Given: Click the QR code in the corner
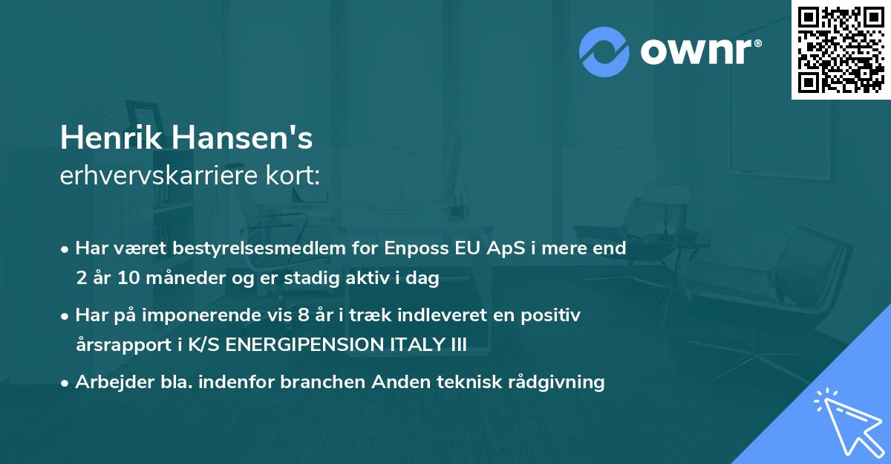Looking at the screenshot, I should coord(841,49).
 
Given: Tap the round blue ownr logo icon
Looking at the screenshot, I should coord(604,51).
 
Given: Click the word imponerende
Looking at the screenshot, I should coord(200,315).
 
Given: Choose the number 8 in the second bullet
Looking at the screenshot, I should coord(302,315).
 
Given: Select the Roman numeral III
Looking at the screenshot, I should coord(457,346).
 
